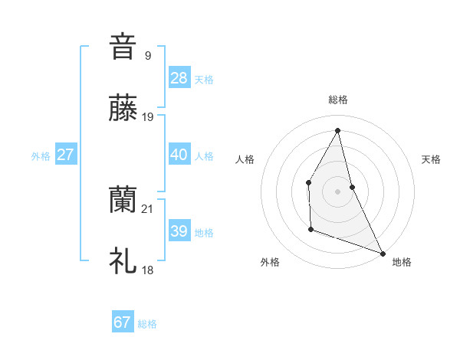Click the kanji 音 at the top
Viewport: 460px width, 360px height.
[x=123, y=47]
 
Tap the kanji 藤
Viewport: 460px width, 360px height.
[x=123, y=109]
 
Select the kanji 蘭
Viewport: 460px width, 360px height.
[x=123, y=201]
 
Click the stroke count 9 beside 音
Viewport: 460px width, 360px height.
[x=147, y=56]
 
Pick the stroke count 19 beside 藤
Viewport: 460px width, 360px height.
[x=148, y=117]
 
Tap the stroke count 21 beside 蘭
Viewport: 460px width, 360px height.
[x=148, y=209]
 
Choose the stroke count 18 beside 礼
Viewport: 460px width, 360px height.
[x=148, y=270]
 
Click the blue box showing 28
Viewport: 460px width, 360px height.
[x=179, y=77]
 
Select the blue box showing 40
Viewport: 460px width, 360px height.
[x=179, y=155]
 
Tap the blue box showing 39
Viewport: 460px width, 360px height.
[x=179, y=231]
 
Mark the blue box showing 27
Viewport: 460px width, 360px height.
[x=65, y=155]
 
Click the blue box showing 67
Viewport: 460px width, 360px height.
[x=123, y=322]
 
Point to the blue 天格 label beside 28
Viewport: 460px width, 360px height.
[x=204, y=79]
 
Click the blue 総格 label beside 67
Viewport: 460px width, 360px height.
[x=147, y=324]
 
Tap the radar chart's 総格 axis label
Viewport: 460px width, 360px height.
[x=337, y=100]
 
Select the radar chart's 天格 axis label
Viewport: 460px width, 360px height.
[x=432, y=159]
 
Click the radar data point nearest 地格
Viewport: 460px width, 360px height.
[x=383, y=253]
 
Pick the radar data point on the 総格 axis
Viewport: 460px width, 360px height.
[x=337, y=130]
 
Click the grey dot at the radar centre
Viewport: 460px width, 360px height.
[x=337, y=191]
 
